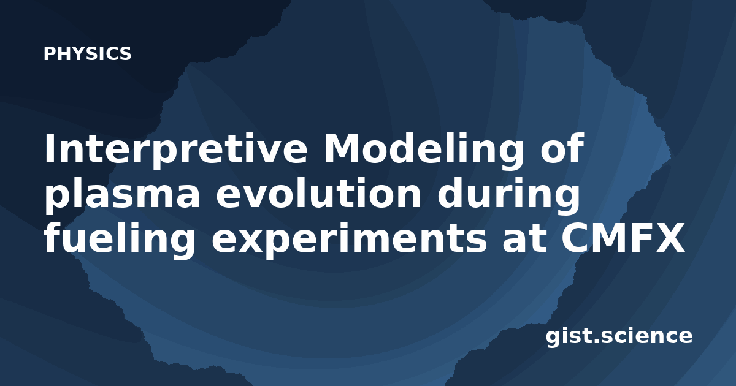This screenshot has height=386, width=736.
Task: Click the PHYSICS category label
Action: pos(87,53)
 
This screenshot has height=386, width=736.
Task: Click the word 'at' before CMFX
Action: pos(523,238)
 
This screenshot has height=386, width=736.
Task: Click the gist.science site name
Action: pos(619,337)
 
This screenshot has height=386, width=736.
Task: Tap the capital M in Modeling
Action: pos(343,148)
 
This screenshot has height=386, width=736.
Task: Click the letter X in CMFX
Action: pos(669,238)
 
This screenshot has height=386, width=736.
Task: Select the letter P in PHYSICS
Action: pos(49,53)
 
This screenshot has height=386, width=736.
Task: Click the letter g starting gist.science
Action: pos(554,339)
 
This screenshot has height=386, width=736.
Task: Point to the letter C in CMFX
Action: pos(575,238)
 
